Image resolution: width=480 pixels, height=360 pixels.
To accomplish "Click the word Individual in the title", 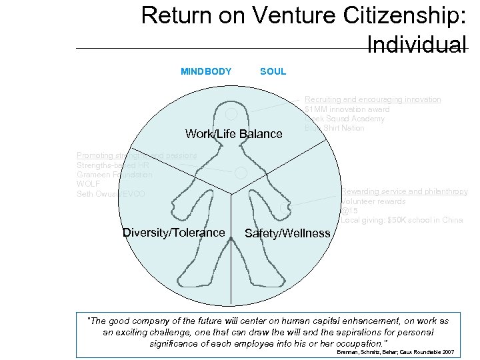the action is (x=417, y=45).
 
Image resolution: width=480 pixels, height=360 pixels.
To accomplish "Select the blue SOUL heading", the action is (x=273, y=71).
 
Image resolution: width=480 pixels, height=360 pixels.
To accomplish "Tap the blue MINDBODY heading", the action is (x=206, y=71).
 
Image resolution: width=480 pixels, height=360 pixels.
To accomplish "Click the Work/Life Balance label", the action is (x=233, y=134).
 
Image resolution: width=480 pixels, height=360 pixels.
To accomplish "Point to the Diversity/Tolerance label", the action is (x=173, y=233).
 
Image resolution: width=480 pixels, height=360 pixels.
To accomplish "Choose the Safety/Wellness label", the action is (x=287, y=233).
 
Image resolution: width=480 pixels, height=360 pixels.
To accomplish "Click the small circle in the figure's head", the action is (x=231, y=114).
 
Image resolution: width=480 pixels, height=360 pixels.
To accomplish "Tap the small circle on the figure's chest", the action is (x=241, y=172).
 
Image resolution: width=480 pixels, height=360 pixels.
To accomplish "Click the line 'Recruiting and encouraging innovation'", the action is (x=373, y=99).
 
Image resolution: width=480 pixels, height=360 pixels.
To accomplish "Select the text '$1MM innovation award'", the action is (x=347, y=109).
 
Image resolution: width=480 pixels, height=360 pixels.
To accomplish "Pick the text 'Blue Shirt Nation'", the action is (x=334, y=128).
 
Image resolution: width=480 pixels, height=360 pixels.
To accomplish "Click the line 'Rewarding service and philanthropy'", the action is (x=405, y=191).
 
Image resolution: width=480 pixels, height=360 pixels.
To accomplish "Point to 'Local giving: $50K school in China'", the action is (x=402, y=220).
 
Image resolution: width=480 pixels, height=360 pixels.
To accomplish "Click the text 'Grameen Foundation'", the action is (x=114, y=175).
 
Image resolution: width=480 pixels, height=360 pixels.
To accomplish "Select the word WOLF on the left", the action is (x=88, y=184).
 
